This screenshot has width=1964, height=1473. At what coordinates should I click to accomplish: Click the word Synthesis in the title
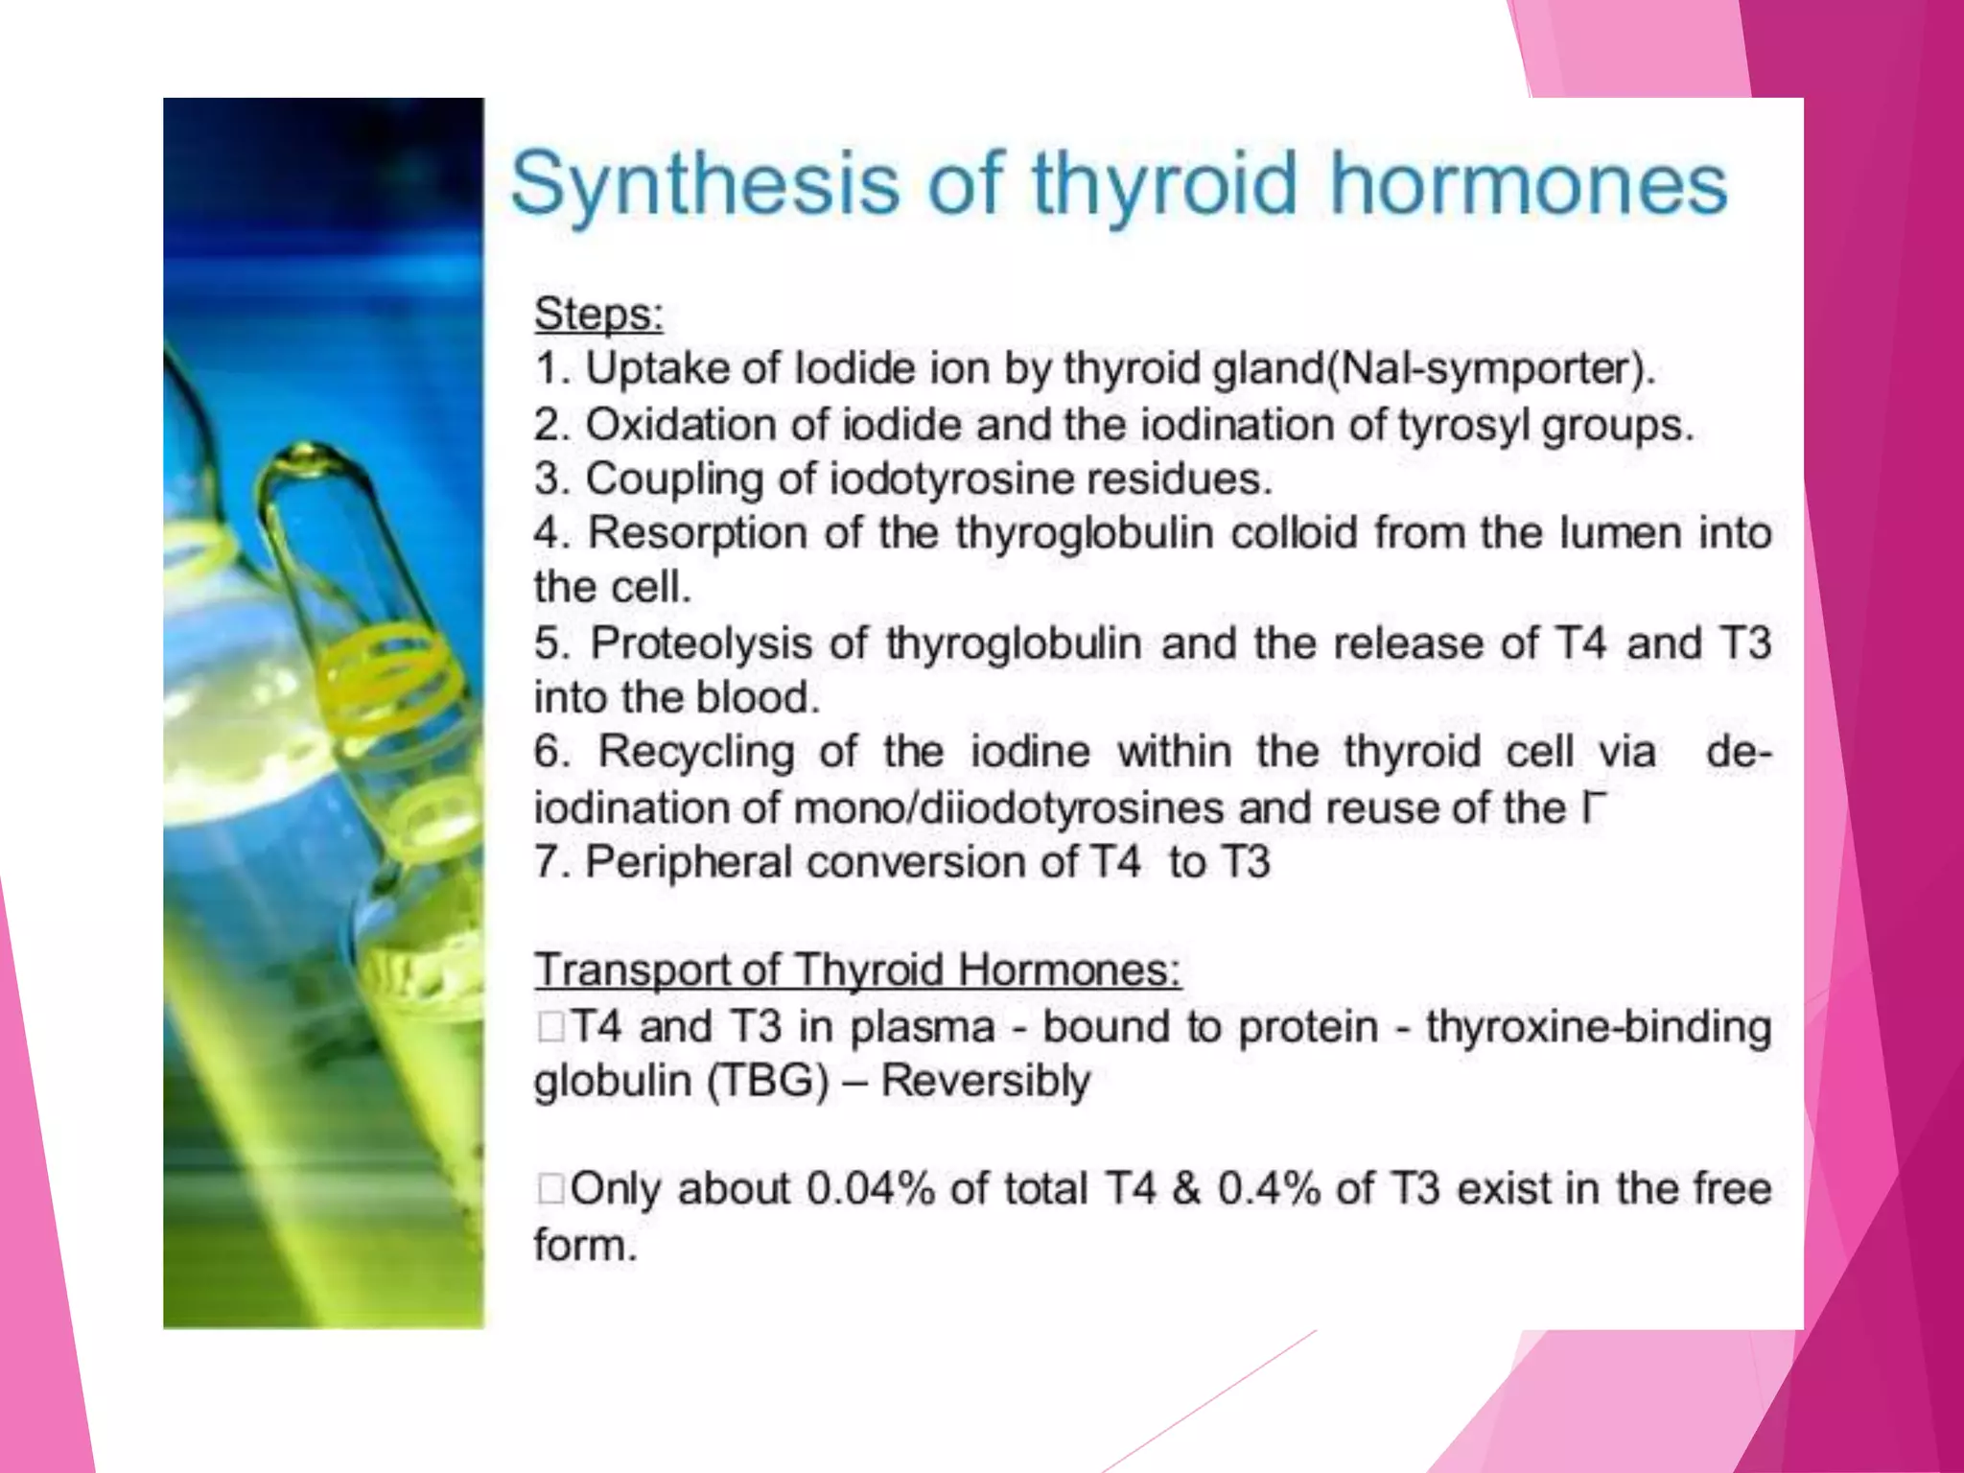(x=705, y=184)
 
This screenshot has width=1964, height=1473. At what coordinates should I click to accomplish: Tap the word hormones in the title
(x=1528, y=184)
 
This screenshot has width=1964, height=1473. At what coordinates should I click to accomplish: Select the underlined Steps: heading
(x=598, y=314)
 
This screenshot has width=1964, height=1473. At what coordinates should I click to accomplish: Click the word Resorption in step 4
(x=697, y=533)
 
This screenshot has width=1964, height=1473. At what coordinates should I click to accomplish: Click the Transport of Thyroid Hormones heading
(x=857, y=970)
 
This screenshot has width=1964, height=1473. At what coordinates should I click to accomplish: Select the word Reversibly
(x=985, y=1081)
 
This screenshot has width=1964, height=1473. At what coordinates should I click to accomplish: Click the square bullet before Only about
(x=550, y=1189)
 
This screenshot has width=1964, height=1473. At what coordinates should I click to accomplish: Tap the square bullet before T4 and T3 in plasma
(x=550, y=1027)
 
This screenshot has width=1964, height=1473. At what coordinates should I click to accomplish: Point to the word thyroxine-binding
(x=1598, y=1027)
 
